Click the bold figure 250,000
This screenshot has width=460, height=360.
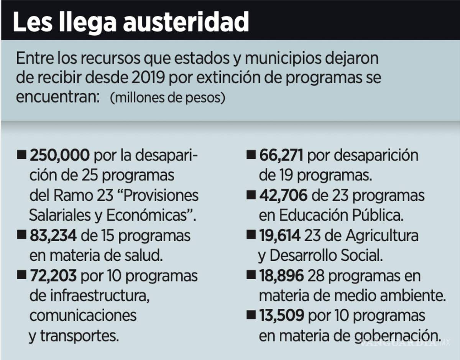[60, 156]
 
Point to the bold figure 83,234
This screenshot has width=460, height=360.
[53, 236]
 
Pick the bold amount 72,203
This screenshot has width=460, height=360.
[53, 276]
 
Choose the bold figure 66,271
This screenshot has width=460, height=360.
[281, 156]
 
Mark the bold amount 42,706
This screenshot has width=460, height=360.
[283, 196]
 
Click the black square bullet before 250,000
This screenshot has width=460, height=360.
[22, 156]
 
